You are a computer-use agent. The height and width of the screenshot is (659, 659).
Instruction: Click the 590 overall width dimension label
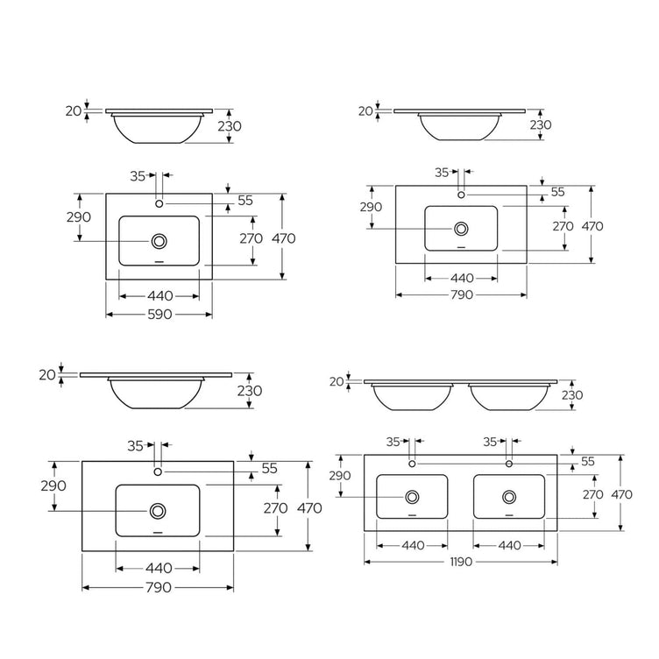[159, 315]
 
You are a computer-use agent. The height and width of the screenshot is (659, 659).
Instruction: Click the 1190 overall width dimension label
[461, 562]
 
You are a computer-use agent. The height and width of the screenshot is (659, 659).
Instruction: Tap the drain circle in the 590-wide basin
[159, 241]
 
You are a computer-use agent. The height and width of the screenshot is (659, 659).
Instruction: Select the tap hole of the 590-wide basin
[159, 203]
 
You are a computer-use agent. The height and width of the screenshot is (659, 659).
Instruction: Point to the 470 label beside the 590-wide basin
[284, 238]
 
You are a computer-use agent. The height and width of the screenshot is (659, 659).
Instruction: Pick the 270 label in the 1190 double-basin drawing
[593, 494]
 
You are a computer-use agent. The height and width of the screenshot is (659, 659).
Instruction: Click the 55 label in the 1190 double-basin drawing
[588, 462]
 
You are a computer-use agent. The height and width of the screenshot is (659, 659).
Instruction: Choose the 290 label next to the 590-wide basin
[79, 216]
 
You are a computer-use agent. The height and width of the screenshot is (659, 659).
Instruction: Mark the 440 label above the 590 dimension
[160, 296]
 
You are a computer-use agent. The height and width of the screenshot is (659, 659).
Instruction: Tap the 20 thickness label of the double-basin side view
[337, 381]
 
